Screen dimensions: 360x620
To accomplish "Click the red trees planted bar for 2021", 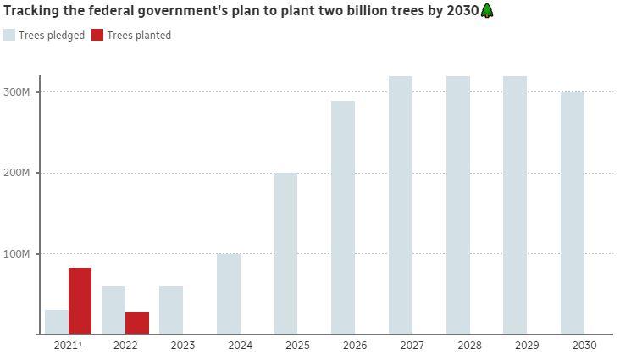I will click(80, 301).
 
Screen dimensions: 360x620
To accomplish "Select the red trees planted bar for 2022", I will click(137, 323).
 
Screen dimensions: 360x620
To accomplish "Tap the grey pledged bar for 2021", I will click(56, 322).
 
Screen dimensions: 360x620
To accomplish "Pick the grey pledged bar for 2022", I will click(113, 310).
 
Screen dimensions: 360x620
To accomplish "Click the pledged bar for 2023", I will click(171, 310).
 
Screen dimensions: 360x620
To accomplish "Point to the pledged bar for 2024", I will click(229, 294).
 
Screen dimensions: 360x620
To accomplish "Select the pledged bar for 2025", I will click(285, 253).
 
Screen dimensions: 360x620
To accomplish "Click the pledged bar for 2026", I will click(343, 218).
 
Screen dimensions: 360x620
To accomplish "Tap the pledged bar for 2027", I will click(401, 205).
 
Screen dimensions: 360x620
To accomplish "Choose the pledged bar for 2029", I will click(515, 205).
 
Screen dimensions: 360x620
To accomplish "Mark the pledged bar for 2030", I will click(573, 213).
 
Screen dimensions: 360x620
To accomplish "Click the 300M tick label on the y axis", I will click(17, 91).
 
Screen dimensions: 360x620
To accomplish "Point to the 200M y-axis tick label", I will click(17, 173).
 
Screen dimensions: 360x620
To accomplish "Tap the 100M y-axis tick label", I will click(17, 254).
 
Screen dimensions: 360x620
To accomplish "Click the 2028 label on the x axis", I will click(458, 346).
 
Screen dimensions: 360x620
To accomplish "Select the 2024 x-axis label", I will click(241, 346).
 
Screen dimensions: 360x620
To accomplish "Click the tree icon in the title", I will click(487, 11).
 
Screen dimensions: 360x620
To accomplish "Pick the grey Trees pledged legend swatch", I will click(9, 35).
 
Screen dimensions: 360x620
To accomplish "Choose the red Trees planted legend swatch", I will click(97, 35).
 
